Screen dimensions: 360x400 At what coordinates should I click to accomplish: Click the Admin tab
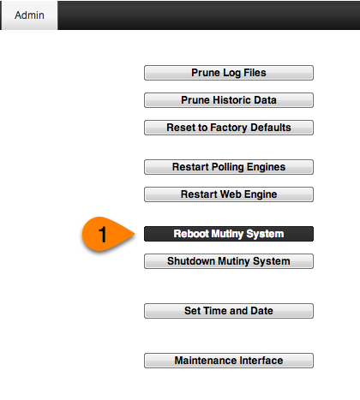(x=29, y=15)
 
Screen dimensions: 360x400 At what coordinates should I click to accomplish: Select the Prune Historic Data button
(x=229, y=100)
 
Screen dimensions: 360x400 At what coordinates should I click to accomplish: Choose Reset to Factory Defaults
(x=229, y=128)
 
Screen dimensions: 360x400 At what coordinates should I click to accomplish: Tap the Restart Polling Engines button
(x=229, y=167)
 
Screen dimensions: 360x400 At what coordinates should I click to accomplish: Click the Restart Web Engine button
(x=229, y=194)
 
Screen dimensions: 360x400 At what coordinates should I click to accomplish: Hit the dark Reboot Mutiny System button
(x=229, y=234)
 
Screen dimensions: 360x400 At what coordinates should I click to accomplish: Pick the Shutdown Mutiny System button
(x=229, y=261)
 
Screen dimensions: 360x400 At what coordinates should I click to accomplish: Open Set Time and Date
(x=229, y=311)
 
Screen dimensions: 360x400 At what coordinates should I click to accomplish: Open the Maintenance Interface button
(x=229, y=361)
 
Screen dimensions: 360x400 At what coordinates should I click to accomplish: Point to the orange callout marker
(x=107, y=234)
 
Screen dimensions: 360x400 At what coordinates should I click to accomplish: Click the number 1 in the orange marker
(x=103, y=235)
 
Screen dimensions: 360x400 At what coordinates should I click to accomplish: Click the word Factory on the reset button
(x=229, y=128)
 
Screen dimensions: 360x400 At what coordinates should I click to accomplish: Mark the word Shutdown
(x=191, y=261)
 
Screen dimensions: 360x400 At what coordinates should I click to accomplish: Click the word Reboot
(x=191, y=234)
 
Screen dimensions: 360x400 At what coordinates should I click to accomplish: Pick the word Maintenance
(x=206, y=361)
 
